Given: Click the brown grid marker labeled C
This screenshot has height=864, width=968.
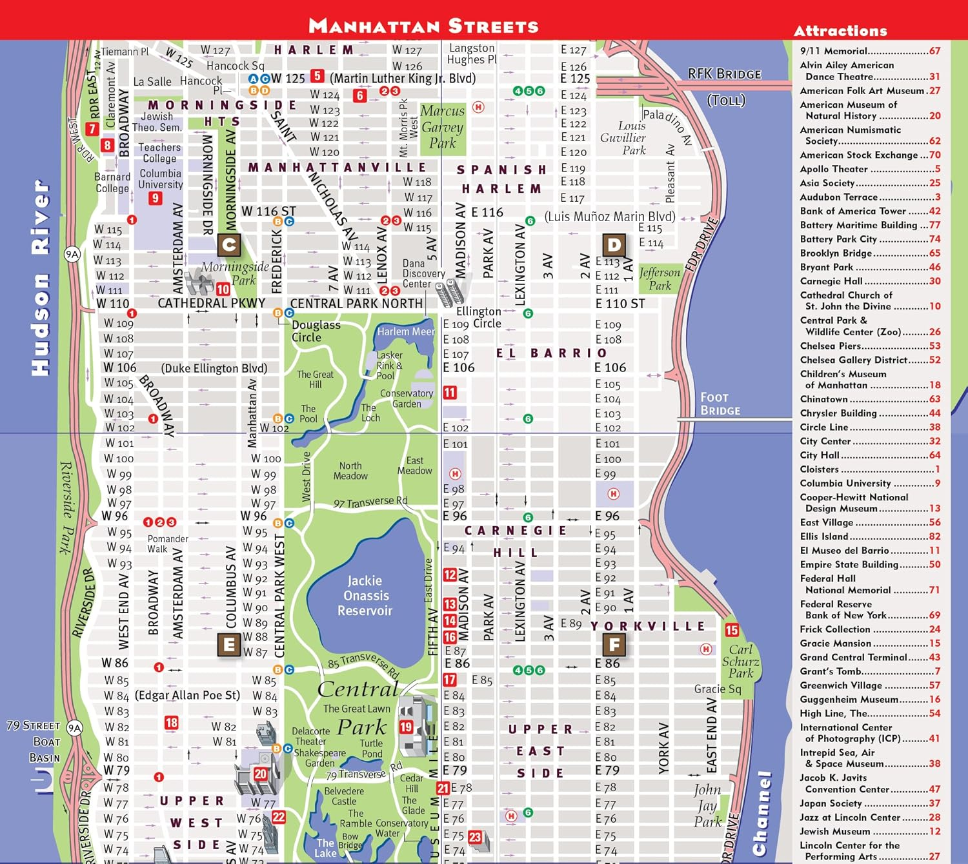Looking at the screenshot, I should [229, 245].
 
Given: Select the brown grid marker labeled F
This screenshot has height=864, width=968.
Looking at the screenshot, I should [614, 644].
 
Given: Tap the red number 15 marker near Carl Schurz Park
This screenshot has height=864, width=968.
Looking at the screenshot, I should [732, 630].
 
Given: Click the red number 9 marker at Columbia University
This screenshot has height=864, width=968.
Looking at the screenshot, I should [155, 198].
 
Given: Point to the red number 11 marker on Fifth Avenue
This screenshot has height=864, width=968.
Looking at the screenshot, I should [450, 392].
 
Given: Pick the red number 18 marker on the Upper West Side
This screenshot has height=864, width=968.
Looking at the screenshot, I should [171, 723].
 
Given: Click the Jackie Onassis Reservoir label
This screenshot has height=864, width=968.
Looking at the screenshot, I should [365, 596].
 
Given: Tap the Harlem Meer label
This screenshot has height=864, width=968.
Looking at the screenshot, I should [405, 331].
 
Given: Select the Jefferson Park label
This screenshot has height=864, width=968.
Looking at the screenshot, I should [660, 279].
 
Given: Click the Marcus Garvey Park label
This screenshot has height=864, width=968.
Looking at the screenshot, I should [442, 127].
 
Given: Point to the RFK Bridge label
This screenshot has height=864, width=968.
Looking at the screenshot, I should [725, 74].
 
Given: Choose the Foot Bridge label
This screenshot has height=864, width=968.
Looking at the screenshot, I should [720, 404].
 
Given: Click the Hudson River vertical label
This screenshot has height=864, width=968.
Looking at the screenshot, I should [41, 277].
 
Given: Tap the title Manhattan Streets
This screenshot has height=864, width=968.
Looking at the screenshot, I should [423, 26].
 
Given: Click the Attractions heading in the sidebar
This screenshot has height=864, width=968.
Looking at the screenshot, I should [840, 31].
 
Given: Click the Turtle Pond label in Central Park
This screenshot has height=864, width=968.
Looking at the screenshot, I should [371, 748].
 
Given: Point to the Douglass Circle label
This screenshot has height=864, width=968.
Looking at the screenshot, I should [315, 331].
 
